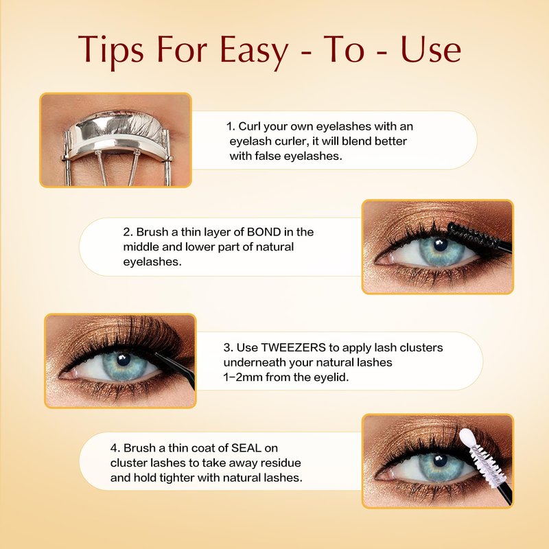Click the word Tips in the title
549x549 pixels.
coord(110,50)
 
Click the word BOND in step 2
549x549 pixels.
coord(264,232)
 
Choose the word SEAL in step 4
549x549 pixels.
coord(246,448)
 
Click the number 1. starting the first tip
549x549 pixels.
coord(231,126)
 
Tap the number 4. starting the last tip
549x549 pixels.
coord(115,448)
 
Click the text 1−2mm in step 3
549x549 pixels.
coord(243,377)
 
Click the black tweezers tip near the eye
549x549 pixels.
coord(165,359)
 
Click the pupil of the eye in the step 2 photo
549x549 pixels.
coord(440,245)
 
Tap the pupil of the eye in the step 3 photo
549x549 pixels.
coord(124,360)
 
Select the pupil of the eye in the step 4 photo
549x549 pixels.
coord(440,460)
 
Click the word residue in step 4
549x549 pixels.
coord(281,463)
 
